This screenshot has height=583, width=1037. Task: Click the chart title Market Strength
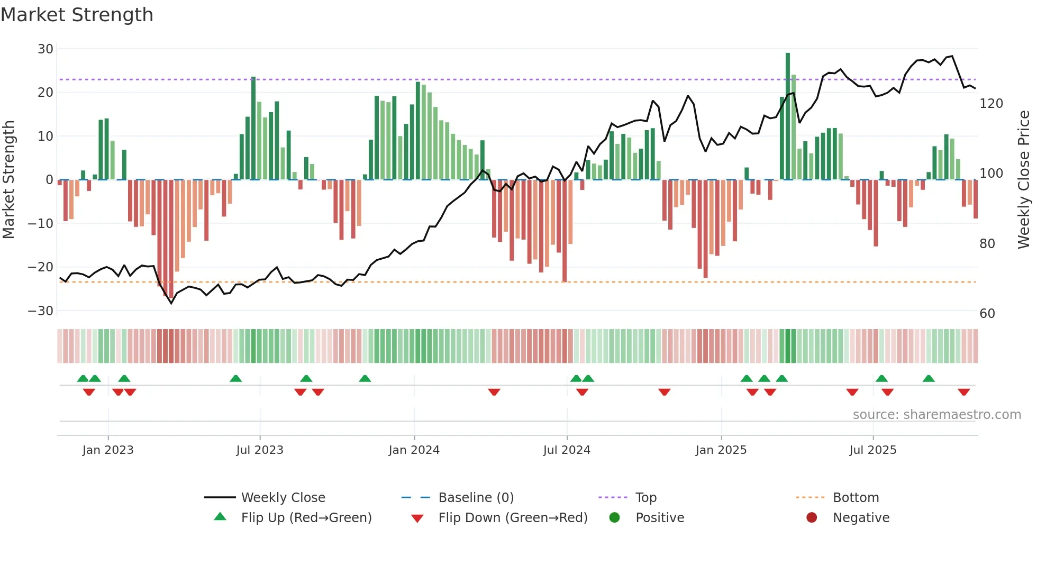(x=77, y=15)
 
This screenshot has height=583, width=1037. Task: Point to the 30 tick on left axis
(x=46, y=49)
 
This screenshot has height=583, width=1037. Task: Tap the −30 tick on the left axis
(x=41, y=311)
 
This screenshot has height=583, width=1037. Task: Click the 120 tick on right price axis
(x=991, y=104)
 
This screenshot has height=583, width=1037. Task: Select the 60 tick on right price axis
(x=987, y=314)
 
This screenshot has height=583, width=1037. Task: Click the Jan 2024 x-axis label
(x=414, y=450)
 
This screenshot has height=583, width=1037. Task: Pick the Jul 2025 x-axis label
(x=872, y=450)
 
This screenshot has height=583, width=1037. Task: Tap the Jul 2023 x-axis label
(x=260, y=450)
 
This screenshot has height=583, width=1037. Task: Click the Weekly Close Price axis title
(x=1024, y=180)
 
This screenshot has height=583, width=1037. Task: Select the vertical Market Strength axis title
(x=9, y=180)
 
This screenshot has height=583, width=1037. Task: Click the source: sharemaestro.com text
(x=936, y=415)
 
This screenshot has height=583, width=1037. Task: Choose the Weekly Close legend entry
(x=283, y=498)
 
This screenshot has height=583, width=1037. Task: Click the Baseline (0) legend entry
(x=476, y=498)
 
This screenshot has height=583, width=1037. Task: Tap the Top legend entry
(x=645, y=498)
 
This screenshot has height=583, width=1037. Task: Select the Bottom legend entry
(x=856, y=498)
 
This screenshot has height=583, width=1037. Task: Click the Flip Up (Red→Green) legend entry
(x=306, y=518)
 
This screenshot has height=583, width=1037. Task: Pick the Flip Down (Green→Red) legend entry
(x=512, y=518)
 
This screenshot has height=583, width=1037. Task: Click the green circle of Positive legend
(x=614, y=518)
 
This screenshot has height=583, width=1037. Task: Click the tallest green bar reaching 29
(x=788, y=116)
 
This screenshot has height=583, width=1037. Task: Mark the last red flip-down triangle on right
(x=963, y=392)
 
